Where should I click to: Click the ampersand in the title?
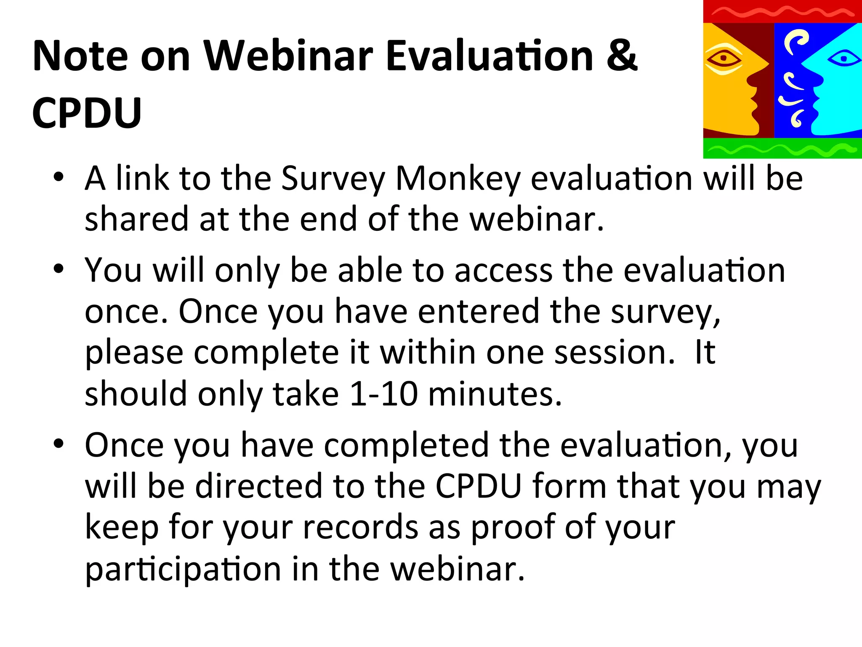[622, 56]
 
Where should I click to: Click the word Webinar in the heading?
[288, 56]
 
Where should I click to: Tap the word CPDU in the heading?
[87, 113]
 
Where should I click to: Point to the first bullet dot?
[59, 176]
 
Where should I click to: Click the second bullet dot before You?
[59, 268]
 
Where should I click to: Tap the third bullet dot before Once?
[59, 444]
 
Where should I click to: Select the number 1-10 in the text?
[383, 394]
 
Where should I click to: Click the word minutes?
[495, 394]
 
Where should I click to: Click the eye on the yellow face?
[723, 58]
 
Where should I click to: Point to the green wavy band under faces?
[782, 148]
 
